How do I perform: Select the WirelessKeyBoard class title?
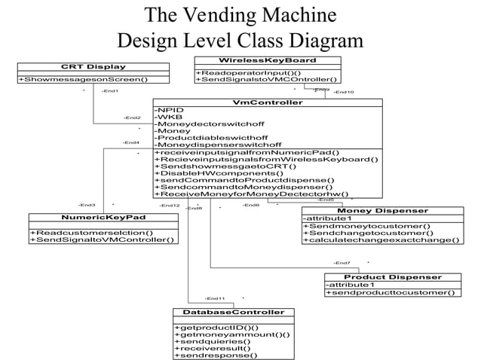click(x=267, y=59)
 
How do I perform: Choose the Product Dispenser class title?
click(x=393, y=277)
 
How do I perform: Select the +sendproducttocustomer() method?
click(x=390, y=292)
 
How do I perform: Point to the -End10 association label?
click(x=344, y=92)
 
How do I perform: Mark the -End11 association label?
click(x=215, y=299)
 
